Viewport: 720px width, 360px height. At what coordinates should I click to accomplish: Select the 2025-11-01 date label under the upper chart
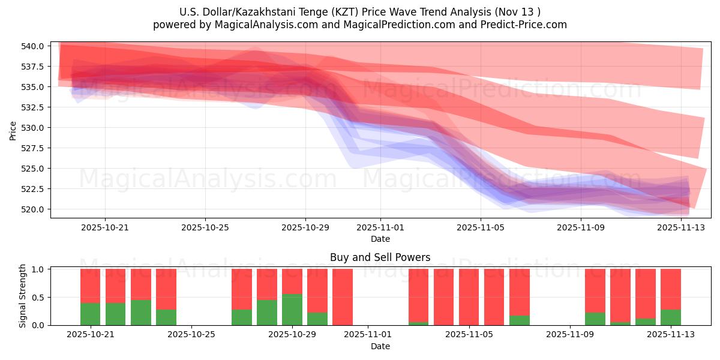click(380, 227)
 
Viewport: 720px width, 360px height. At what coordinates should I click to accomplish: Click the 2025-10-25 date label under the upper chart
click(205, 227)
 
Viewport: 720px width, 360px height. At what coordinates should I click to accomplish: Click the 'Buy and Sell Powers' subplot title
click(380, 257)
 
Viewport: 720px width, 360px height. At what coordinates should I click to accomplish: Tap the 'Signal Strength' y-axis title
click(23, 296)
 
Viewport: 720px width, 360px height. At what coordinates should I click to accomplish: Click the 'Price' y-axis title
click(13, 130)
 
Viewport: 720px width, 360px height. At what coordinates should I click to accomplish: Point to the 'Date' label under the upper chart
click(380, 239)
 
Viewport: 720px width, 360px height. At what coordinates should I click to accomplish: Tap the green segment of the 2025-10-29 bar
click(292, 310)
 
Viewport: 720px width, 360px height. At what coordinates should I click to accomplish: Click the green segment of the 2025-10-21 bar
click(91, 314)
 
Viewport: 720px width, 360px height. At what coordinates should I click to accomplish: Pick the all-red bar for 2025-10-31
click(343, 297)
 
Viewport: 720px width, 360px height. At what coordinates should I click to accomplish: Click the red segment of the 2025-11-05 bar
click(469, 297)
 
